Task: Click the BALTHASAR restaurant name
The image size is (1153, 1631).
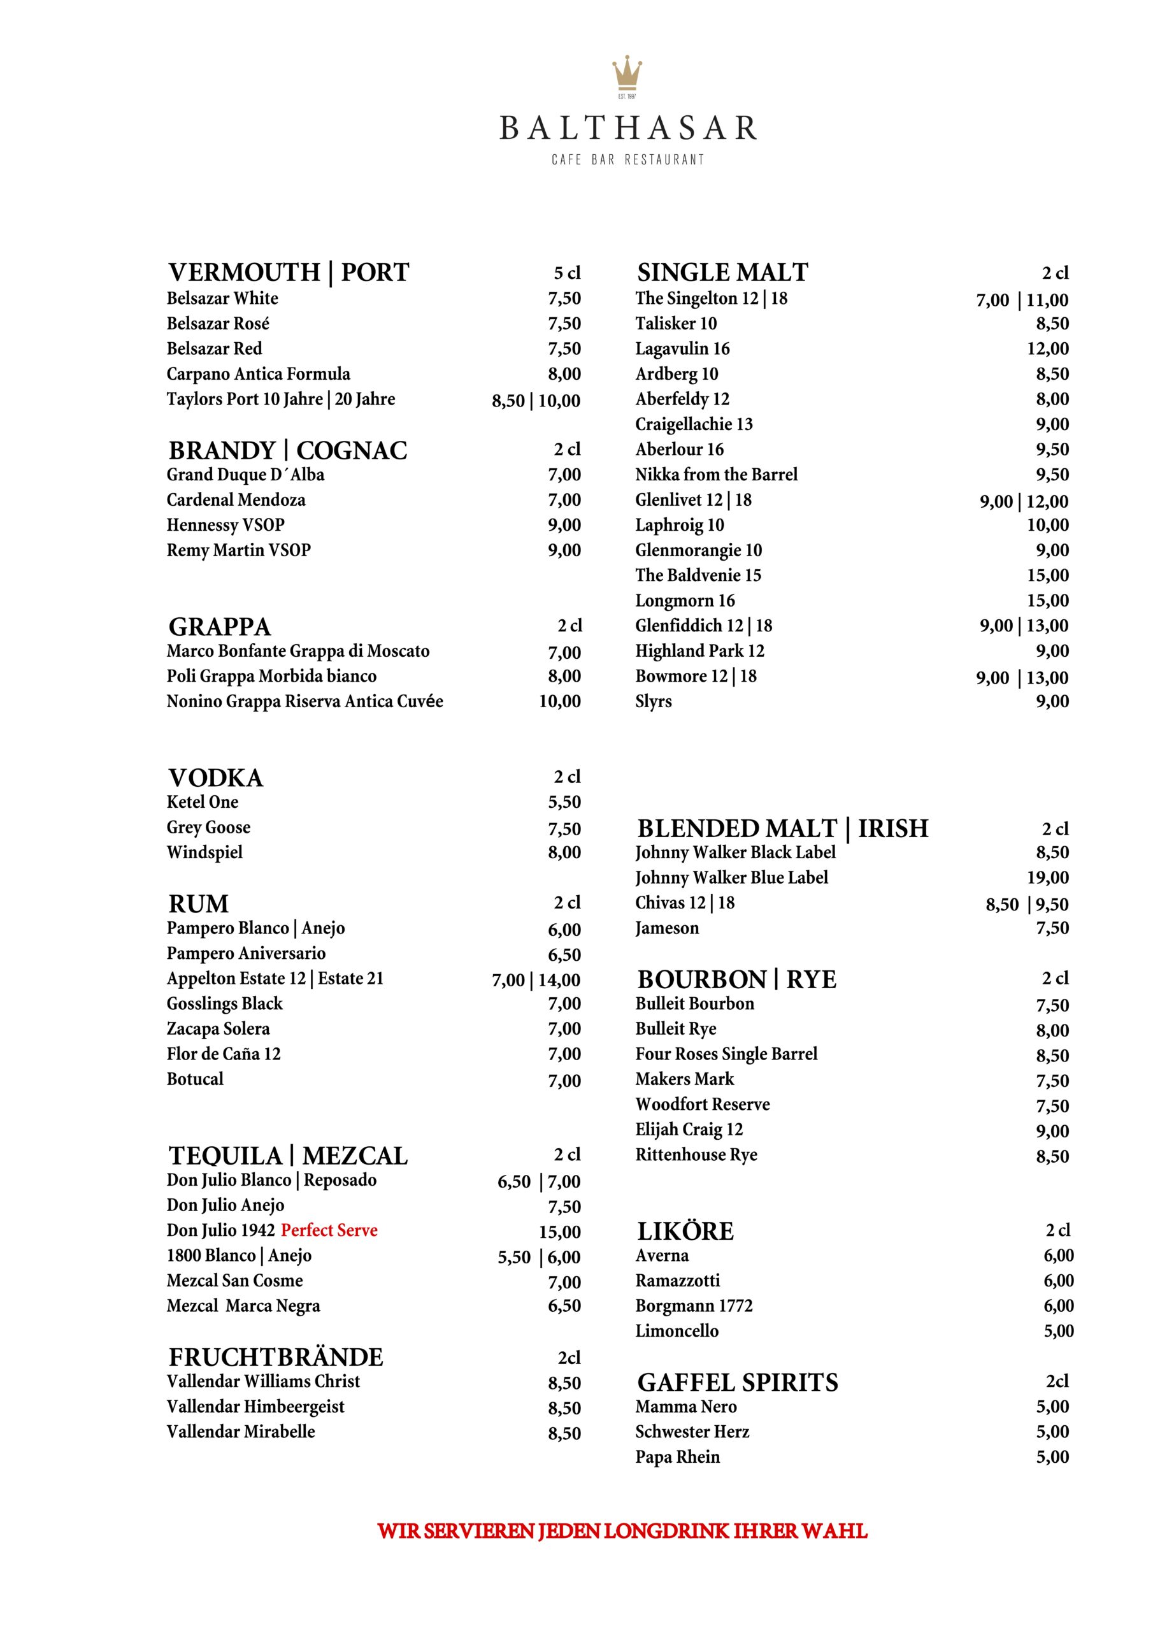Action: tap(628, 129)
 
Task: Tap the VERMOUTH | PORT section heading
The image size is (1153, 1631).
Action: tap(289, 273)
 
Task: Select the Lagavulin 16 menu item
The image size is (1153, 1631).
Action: tap(682, 348)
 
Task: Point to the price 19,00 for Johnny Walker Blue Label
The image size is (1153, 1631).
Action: tap(1047, 878)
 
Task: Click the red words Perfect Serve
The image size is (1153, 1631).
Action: tap(329, 1230)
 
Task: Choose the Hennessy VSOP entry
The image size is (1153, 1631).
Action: tap(226, 525)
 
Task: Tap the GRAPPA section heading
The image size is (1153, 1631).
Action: tap(220, 626)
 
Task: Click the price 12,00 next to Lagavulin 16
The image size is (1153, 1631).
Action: tap(1047, 348)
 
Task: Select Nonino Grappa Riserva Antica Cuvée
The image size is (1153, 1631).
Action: tap(304, 702)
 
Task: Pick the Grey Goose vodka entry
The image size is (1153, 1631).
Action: tap(208, 828)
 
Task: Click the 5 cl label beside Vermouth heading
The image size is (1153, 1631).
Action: tap(567, 273)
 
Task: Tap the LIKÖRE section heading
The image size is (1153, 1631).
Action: tap(685, 1231)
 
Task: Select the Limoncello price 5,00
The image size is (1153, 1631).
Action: tap(1059, 1331)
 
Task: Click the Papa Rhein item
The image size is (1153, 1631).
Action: tap(677, 1457)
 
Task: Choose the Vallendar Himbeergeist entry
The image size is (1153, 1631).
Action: tap(255, 1407)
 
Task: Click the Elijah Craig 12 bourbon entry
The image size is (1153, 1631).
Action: tap(689, 1130)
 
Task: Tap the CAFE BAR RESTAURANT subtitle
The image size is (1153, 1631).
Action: tap(627, 160)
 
